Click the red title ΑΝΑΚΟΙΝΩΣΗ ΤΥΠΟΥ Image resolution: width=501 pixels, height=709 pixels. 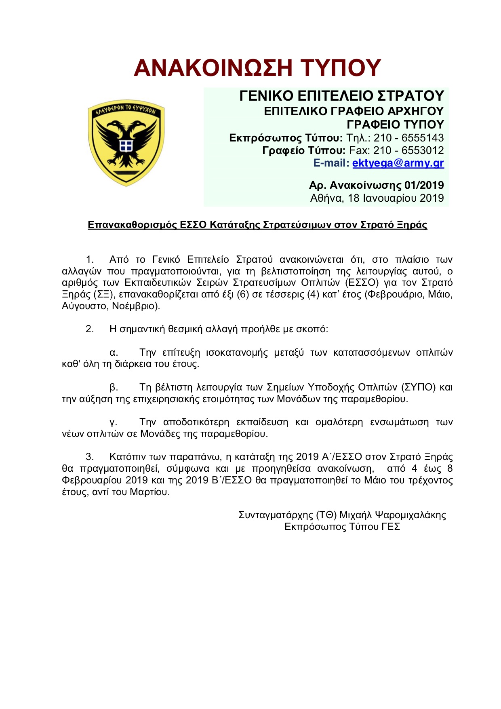coord(257,68)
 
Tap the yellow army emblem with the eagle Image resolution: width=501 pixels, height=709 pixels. coord(126,142)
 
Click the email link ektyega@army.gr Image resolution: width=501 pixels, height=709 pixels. coord(398,163)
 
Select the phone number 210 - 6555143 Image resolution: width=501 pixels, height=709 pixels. coord(408,138)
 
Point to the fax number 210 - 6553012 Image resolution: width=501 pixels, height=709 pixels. coord(408,150)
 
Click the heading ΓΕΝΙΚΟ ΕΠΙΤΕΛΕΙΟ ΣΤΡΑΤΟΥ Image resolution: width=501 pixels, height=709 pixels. coord(341,96)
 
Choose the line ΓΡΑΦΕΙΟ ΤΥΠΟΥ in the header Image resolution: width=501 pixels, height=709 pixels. coord(395,124)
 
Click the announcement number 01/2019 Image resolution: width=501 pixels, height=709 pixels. coord(424,185)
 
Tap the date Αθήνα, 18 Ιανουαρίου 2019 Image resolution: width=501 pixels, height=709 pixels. coord(377,198)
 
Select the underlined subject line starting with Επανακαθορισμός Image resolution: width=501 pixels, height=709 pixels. coord(257,225)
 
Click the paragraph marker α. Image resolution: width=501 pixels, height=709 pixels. coord(114,352)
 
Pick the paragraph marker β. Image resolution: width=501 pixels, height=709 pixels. coord(114,387)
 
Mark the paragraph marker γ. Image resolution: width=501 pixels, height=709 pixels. coord(114,422)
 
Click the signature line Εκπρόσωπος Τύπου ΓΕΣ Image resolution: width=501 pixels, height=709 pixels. coord(342,527)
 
